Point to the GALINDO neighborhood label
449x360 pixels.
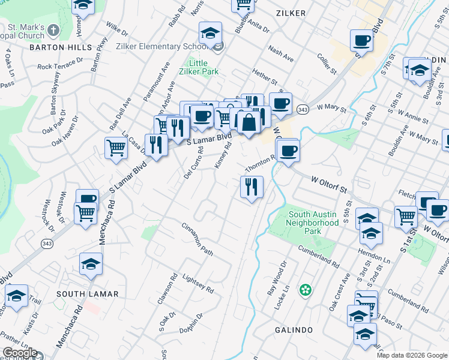coord(294,331)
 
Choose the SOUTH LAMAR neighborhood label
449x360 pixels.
coord(87,294)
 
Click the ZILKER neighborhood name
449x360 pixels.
coord(291,13)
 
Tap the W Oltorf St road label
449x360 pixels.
coord(330,184)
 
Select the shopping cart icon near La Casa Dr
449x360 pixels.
coord(116,147)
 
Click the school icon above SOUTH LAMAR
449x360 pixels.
coord(91,264)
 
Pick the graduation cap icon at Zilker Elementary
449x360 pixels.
coord(211,33)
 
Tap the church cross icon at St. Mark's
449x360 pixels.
coord(53,30)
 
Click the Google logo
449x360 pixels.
coord(20,353)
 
